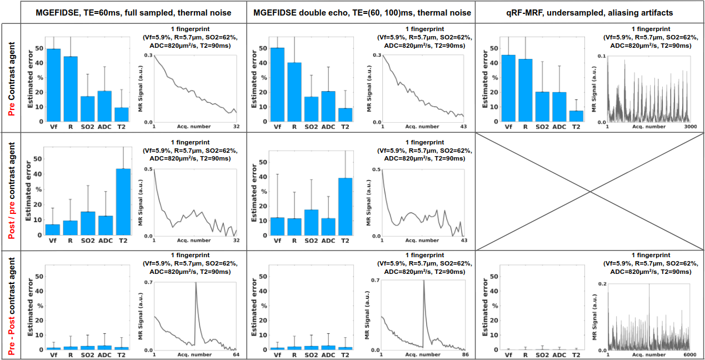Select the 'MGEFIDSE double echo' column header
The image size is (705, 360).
click(x=362, y=12)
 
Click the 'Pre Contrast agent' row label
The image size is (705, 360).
click(x=11, y=78)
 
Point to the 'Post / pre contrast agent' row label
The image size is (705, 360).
click(x=11, y=191)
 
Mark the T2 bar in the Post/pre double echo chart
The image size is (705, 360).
click(x=345, y=206)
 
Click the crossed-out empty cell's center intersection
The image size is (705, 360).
click(x=589, y=191)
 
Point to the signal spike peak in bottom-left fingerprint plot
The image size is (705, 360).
click(x=195, y=283)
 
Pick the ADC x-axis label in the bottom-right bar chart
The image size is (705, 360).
click(x=560, y=354)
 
